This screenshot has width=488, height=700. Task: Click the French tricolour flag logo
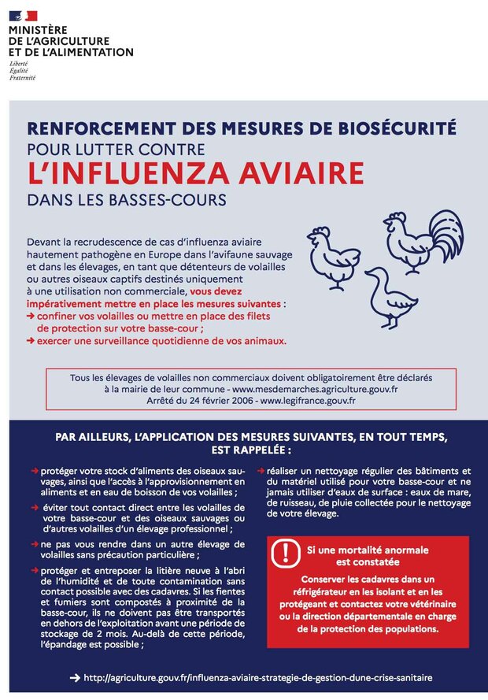[23, 15]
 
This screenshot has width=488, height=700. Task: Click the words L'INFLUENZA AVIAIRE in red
[195, 172]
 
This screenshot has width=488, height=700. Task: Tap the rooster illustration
[422, 239]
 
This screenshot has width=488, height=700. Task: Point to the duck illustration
[390, 296]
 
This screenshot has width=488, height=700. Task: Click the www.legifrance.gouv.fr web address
[309, 401]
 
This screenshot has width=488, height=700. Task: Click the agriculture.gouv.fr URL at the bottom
[257, 677]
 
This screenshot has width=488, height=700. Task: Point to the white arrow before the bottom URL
[74, 677]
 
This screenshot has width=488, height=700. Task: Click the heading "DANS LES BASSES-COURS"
[126, 200]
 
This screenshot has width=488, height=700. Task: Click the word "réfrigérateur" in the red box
[318, 591]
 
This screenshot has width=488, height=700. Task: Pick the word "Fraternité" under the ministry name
[22, 78]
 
